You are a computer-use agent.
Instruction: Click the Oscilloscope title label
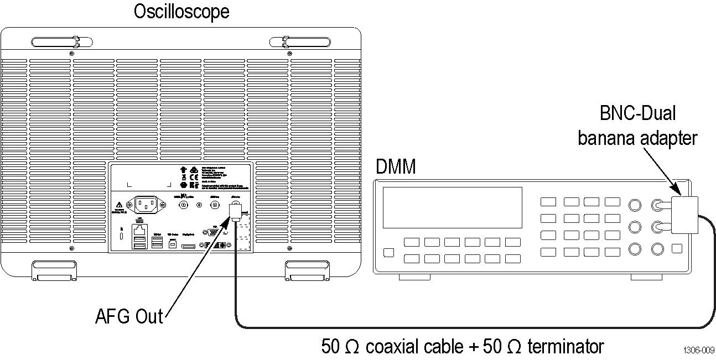tap(181, 11)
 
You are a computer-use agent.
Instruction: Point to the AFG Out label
tap(129, 316)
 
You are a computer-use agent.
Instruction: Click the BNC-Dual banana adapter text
tap(637, 125)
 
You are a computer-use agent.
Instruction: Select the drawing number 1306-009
tap(698, 350)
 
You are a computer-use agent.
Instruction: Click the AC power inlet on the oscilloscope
tap(146, 205)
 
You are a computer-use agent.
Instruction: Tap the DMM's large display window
tap(453, 207)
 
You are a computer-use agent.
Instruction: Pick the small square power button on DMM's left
tap(388, 253)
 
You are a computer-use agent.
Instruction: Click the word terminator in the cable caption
tap(565, 347)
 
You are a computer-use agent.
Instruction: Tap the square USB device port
tap(173, 243)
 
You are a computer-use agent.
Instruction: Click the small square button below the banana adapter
tap(677, 249)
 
